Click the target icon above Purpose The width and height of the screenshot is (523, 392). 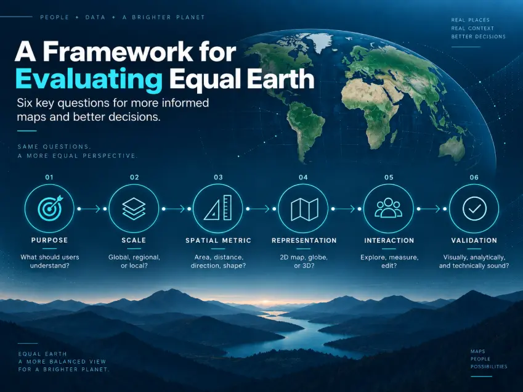pos(51,208)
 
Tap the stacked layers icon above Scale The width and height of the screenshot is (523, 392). pos(134,209)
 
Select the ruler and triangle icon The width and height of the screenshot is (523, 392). pos(218,208)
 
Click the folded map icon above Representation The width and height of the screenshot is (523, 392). pos(304,210)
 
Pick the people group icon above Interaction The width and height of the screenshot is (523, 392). pos(388,208)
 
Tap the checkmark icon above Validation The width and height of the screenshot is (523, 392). pos(474,209)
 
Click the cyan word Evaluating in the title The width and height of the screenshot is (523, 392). pos(89,80)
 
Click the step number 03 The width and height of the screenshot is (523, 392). pos(219,177)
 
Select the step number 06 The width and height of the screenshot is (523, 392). pos(474,177)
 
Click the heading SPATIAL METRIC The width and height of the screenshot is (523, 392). pos(218,240)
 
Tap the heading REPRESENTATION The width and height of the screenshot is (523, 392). pos(304,240)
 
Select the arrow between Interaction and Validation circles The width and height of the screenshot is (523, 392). pos(432,209)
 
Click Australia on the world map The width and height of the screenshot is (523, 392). pos(452,147)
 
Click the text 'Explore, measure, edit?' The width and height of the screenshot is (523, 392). pos(389,261)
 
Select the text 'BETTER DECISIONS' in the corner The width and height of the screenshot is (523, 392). pos(478,37)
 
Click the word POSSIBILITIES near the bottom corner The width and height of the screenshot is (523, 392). pos(489,367)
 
